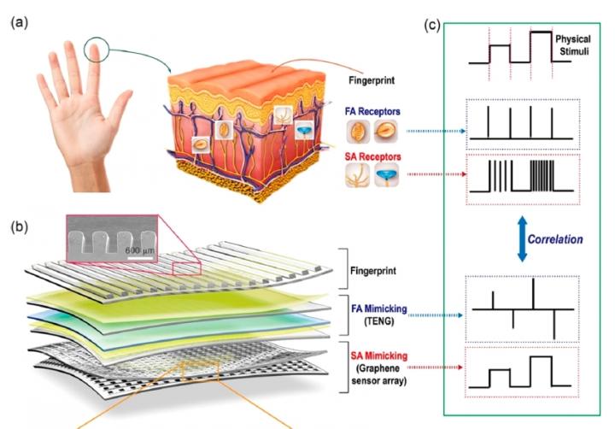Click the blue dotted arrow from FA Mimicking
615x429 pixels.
(436, 315)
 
